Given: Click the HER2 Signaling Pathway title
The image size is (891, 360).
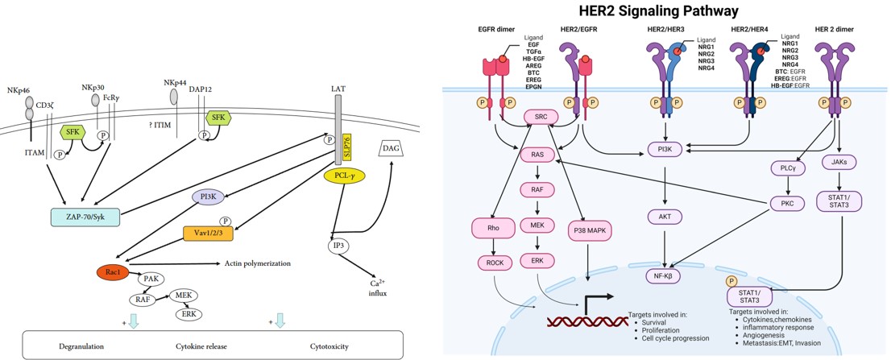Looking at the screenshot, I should [x=667, y=11].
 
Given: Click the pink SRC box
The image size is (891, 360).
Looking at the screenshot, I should [x=541, y=118].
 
